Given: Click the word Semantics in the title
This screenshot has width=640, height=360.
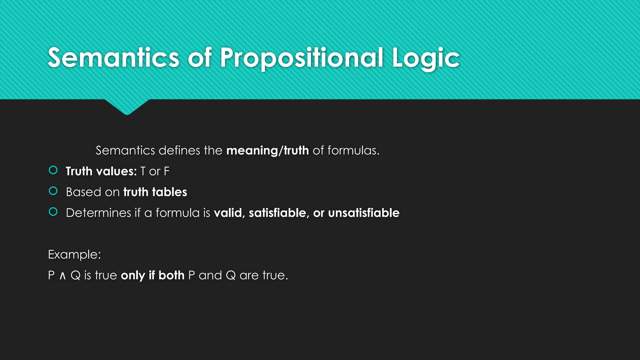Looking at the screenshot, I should [x=113, y=57].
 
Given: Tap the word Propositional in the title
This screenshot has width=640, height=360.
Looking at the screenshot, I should [x=302, y=57].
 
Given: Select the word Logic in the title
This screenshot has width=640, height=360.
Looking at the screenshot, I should [x=426, y=58].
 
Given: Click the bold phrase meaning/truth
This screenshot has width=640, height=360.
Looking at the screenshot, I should [x=267, y=151].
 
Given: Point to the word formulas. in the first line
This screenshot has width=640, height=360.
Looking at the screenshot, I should [x=353, y=151].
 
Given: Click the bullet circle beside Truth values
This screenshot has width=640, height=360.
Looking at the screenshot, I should [x=53, y=170].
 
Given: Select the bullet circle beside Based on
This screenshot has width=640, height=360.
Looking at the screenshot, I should [x=53, y=191].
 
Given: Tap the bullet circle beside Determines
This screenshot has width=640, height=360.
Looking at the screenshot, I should [x=53, y=212].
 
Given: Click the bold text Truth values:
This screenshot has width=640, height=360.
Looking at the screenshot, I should [x=101, y=171].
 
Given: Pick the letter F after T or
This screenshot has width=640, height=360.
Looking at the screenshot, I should [x=167, y=171].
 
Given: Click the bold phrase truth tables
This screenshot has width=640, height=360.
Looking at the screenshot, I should [x=155, y=192].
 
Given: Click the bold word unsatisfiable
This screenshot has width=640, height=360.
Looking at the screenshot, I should [x=364, y=213].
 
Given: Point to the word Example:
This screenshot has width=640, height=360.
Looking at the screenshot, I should [x=74, y=254].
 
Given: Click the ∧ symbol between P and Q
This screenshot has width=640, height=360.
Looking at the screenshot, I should [x=62, y=276].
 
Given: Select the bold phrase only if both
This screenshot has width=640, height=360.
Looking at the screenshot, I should [x=152, y=275].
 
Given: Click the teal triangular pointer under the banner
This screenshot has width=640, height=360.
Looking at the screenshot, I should [x=127, y=107].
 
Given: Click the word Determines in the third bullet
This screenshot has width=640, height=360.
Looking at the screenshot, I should [x=98, y=213].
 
